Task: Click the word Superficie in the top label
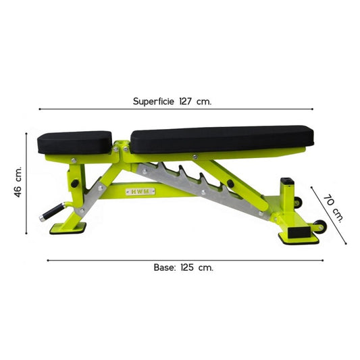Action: (155, 101)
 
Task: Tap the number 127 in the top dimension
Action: (186, 101)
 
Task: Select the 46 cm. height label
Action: (18, 181)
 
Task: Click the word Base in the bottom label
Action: (165, 267)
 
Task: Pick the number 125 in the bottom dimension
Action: (188, 267)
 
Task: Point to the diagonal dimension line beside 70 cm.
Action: (331, 215)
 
